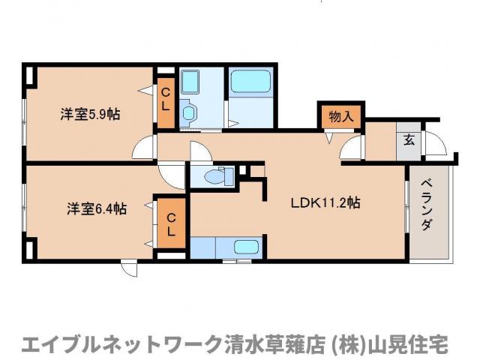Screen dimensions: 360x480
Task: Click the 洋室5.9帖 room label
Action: coord(90,115)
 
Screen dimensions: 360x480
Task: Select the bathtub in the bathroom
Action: coord(250,82)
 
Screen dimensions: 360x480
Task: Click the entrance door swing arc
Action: coord(435,144)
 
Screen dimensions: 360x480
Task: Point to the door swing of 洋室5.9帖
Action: coord(144,149)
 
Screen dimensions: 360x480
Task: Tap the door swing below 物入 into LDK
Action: coord(351,149)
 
